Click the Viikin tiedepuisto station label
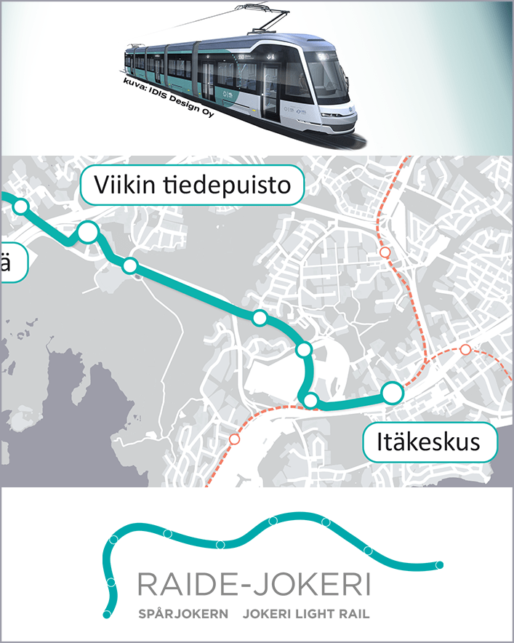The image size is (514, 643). [190, 186]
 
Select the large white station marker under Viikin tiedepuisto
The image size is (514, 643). [88, 232]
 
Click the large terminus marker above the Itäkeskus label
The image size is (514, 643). [393, 393]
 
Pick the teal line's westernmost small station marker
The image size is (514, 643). [20, 207]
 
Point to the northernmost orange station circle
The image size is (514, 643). [385, 252]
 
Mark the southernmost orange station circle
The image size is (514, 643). [234, 439]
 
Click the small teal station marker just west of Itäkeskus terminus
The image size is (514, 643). [310, 400]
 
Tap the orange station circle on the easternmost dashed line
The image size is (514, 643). [465, 350]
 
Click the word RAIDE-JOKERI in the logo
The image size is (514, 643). [253, 585]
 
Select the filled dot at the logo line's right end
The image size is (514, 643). [439, 565]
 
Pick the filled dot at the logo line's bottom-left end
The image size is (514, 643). [107, 615]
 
